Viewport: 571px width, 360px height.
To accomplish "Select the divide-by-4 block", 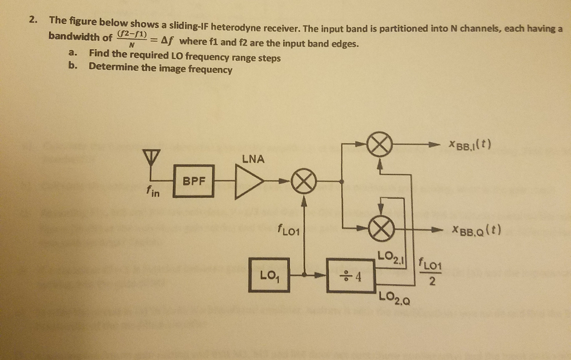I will coord(351,274).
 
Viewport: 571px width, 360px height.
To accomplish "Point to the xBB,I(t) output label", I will coord(468,145).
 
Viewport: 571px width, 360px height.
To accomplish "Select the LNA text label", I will coord(253,159).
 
